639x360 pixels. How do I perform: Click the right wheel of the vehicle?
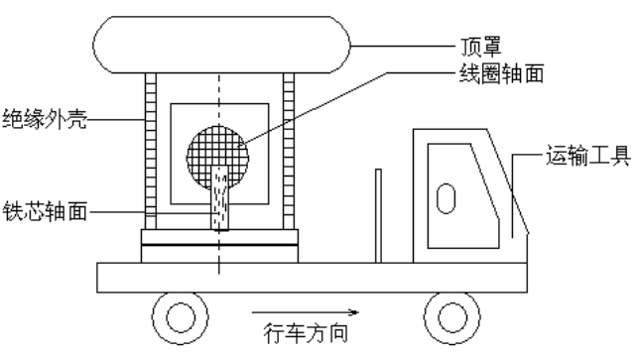tap(446, 317)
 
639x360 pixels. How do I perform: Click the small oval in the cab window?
tap(446, 196)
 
